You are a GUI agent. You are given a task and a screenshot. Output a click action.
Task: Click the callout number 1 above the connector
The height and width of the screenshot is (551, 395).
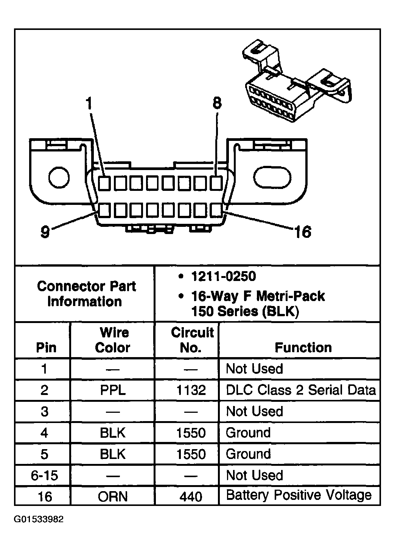89,103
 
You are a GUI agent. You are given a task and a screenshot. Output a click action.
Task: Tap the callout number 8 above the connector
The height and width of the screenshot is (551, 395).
217,103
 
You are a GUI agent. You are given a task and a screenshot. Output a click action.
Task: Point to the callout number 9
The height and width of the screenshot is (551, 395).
45,232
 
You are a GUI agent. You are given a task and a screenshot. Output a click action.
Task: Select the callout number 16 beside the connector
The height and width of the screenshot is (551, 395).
302,232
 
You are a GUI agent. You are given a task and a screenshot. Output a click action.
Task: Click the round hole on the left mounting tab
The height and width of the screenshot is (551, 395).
59,177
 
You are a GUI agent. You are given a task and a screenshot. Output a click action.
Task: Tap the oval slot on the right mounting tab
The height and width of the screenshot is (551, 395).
272,177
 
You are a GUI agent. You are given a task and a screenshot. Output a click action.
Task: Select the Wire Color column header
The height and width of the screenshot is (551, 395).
113,340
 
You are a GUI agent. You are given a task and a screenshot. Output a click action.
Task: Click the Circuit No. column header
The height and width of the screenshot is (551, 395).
192,340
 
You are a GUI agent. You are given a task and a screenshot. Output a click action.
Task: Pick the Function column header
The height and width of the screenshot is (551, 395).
303,347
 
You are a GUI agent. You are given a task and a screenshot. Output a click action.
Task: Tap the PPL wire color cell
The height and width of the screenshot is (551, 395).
113,390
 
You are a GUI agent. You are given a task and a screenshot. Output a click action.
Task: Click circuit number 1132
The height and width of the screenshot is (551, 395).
191,390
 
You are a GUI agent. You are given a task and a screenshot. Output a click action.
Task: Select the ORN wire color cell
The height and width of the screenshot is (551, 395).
113,496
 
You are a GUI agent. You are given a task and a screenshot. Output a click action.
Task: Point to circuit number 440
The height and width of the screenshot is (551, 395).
191,496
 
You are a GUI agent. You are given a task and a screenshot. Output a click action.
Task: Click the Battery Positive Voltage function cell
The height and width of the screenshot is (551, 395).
299,495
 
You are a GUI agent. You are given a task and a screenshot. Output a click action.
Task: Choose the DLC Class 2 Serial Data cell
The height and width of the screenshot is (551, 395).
301,390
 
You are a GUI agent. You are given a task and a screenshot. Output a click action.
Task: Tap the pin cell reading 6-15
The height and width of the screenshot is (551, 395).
44,475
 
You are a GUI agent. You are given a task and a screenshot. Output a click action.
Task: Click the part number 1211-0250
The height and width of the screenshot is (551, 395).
223,277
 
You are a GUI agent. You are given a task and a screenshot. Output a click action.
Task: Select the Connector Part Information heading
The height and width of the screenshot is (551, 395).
86,294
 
